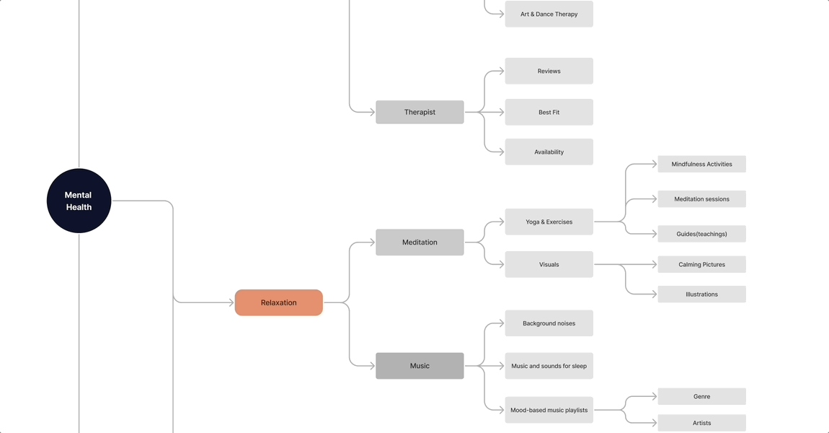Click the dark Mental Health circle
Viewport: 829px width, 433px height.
(x=79, y=201)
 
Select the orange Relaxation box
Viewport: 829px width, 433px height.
(x=279, y=302)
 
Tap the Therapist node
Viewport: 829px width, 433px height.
(x=420, y=112)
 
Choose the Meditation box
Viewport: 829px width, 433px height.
(x=420, y=242)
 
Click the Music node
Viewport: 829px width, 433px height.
(x=420, y=366)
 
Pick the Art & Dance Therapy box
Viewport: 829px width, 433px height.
(x=549, y=14)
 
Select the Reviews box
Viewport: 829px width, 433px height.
(x=549, y=71)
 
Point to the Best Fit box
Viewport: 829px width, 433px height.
(x=549, y=112)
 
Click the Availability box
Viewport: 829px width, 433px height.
(x=549, y=152)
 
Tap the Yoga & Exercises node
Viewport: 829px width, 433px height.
(x=549, y=222)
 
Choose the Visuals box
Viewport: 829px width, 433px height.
(x=549, y=264)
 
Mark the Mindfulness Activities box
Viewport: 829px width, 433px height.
(x=701, y=164)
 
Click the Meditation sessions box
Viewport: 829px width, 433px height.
(x=701, y=198)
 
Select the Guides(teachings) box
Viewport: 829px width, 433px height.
(x=701, y=233)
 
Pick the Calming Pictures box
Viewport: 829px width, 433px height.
(x=701, y=264)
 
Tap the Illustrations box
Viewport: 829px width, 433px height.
(x=701, y=294)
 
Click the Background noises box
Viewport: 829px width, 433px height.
(x=549, y=323)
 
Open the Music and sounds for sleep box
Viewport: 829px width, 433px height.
(x=549, y=366)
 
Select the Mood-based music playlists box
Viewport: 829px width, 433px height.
(x=549, y=410)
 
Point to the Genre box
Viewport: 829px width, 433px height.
(x=701, y=396)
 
